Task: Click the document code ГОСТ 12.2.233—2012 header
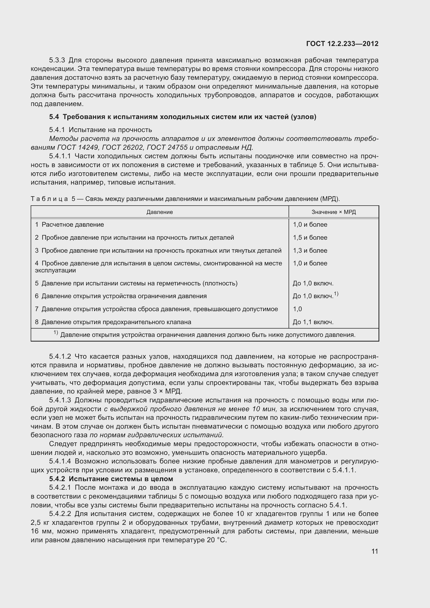[x=342, y=44]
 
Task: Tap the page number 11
[x=374, y=551]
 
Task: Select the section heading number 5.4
[x=54, y=117]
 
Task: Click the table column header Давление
[x=159, y=212]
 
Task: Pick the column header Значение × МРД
[x=333, y=212]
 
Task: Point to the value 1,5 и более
[x=310, y=238]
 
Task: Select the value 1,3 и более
[x=310, y=251]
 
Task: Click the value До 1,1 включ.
[x=313, y=322]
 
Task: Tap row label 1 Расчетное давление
[x=69, y=225]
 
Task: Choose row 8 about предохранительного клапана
[x=113, y=322]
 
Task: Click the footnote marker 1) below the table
[x=56, y=333]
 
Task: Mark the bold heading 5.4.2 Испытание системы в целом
[x=111, y=479]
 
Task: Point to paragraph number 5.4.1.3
[x=60, y=400]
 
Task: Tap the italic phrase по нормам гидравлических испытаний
[x=157, y=435]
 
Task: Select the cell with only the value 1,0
[x=297, y=309]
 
